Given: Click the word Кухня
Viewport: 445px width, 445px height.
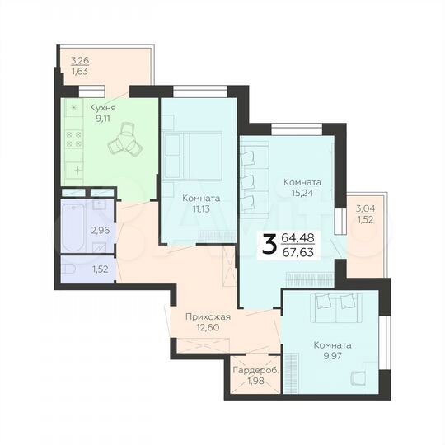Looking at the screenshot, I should tap(104, 108).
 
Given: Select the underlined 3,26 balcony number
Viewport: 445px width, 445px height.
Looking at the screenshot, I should tap(80, 59).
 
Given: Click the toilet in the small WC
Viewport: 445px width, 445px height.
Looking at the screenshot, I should tap(71, 269).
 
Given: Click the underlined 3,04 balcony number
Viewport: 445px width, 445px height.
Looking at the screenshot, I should tap(363, 209).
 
